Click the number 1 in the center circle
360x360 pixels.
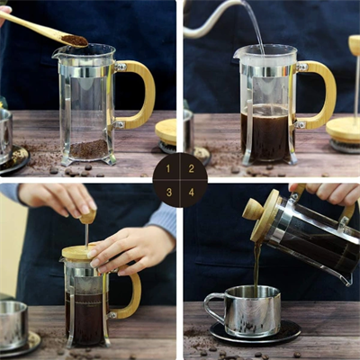168,168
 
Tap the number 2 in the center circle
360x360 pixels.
191,168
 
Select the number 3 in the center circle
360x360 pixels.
168,191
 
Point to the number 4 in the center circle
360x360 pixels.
191,191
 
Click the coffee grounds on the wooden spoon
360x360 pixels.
74,40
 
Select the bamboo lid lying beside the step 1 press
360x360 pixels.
166,130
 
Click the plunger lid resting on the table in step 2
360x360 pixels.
343,130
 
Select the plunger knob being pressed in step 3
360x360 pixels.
87,216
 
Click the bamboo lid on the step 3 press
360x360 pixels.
79,253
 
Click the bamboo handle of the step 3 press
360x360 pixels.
132,297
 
